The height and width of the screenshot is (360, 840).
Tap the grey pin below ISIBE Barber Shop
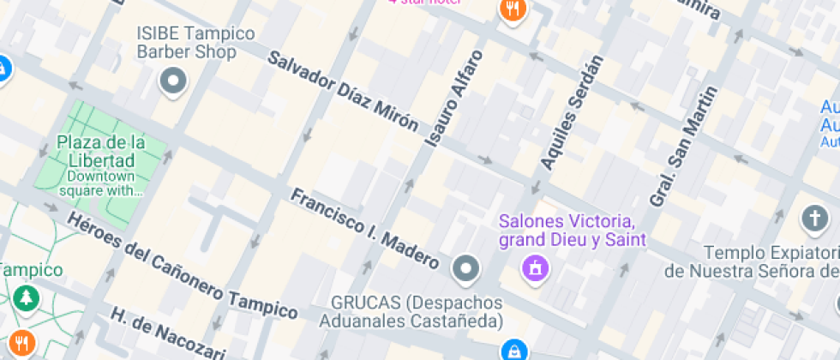175,82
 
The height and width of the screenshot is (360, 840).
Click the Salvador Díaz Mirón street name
343,91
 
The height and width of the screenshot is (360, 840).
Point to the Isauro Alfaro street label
454,99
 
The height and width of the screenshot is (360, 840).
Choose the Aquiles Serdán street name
573,111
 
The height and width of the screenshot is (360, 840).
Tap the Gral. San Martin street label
682,147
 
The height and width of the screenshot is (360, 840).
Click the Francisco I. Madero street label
364,228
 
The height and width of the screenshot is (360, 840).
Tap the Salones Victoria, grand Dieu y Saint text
573,230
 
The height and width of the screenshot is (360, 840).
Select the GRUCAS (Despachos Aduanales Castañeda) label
411,313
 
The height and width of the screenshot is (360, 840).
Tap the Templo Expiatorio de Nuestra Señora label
751,261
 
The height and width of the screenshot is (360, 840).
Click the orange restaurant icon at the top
513,10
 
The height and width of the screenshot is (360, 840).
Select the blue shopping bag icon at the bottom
514,350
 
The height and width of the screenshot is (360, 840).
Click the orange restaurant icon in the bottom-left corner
21,343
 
